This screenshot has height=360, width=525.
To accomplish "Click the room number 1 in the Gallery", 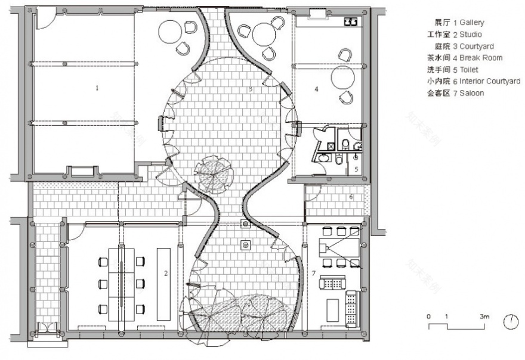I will pyautogui.click(x=97, y=88).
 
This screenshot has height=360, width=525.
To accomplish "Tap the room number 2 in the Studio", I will pyautogui.click(x=166, y=274).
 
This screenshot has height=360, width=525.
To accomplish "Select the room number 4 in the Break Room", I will pyautogui.click(x=317, y=89).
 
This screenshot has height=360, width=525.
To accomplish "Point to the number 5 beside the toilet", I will pyautogui.click(x=357, y=169).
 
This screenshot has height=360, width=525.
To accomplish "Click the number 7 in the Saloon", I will pyautogui.click(x=314, y=273).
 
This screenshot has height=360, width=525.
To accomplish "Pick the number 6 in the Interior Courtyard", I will pyautogui.click(x=351, y=197).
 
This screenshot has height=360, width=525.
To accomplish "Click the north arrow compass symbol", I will pyautogui.click(x=511, y=322).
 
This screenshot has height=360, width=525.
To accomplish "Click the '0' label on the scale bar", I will pyautogui.click(x=428, y=316).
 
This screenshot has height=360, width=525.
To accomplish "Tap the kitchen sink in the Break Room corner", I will pyautogui.click(x=351, y=22).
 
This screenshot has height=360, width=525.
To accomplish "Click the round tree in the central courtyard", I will pyautogui.click(x=212, y=172).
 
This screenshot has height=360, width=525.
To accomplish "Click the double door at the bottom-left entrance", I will pyautogui.click(x=45, y=329).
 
